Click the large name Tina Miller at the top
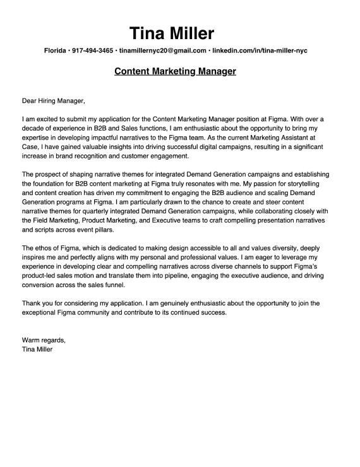[x=172, y=33]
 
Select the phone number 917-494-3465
[x=93, y=50]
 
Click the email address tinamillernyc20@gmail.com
[x=163, y=50]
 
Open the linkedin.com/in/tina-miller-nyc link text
[x=260, y=50]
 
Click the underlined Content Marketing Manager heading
[x=175, y=71]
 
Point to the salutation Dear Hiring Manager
[x=53, y=100]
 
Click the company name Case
[x=30, y=146]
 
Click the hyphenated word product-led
[x=42, y=276]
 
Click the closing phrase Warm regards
[x=44, y=340]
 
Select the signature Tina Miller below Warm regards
[x=37, y=349]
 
